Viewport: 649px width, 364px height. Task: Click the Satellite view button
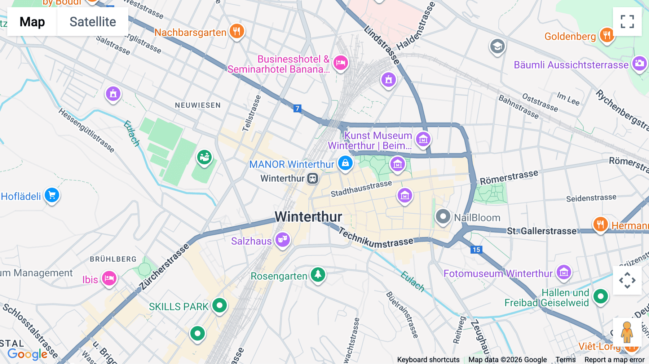coord(93,22)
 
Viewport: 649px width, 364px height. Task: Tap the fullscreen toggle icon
coord(627,22)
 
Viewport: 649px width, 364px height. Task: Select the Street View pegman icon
coord(627,332)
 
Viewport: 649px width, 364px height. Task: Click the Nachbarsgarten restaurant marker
coord(237,31)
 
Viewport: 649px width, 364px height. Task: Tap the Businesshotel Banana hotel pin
coord(340,63)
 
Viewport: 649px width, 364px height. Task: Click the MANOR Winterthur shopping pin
coord(345,163)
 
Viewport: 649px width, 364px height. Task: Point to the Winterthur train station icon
coord(313,178)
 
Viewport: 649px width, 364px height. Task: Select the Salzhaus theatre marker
coord(283,240)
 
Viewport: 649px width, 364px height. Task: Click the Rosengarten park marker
coord(318,275)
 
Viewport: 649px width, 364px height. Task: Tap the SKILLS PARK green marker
coord(219,306)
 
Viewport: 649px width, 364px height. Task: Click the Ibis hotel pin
coord(109,279)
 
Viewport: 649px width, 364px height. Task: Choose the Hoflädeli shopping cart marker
coord(52,195)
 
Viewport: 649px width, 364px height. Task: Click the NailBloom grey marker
coord(443,217)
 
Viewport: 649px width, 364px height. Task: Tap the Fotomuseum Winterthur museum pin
coord(564,272)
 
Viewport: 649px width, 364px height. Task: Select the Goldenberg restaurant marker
coord(607,35)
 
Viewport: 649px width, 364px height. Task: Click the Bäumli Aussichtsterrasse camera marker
coord(639,64)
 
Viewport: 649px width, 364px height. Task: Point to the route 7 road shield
coord(297,108)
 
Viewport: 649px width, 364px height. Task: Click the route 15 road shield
coord(476,249)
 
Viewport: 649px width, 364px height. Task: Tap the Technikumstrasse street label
coord(375,239)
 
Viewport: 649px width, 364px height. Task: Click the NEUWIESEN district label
coord(198,105)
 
